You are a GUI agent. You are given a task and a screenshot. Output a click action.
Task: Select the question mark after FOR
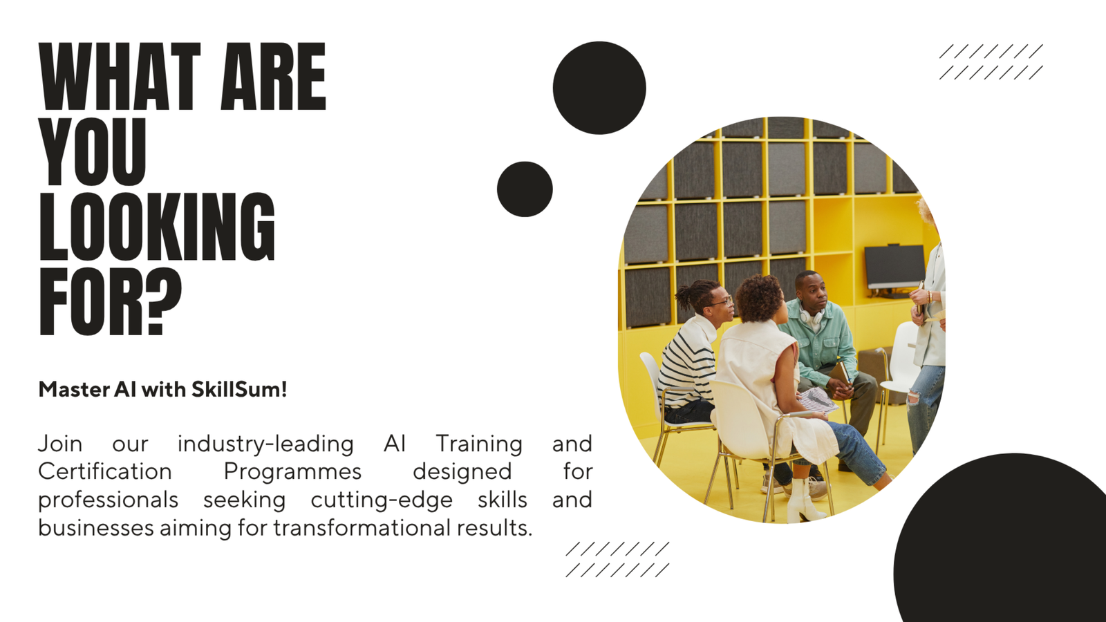[163, 301]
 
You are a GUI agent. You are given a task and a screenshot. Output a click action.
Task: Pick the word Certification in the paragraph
[104, 471]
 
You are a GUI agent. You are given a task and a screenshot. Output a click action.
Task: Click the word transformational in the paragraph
[362, 527]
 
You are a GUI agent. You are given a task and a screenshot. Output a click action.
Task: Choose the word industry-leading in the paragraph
[265, 444]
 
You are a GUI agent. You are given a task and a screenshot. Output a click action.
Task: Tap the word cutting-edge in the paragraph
[382, 500]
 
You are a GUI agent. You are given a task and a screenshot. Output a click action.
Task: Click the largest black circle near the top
[599, 88]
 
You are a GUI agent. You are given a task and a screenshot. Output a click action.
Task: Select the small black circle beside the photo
[525, 189]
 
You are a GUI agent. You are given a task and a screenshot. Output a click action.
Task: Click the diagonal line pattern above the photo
[991, 62]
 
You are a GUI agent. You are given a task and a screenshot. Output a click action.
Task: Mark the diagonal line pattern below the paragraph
[618, 559]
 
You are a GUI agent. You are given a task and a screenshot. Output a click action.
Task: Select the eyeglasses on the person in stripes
[722, 301]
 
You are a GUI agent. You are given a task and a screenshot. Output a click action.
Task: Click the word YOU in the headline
[93, 151]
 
